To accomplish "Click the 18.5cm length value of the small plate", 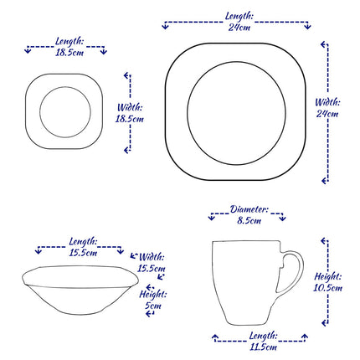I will [68, 52].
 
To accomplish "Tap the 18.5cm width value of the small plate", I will [129, 120].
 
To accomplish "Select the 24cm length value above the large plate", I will [239, 28].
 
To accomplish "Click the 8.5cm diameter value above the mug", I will [249, 221].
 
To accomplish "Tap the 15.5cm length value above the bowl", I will [82, 252].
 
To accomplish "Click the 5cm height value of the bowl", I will [151, 306].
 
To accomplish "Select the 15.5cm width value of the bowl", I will [152, 269].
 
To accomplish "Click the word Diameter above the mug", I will [249, 209].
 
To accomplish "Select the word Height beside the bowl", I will [152, 295].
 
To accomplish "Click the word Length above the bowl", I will [82, 240].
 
